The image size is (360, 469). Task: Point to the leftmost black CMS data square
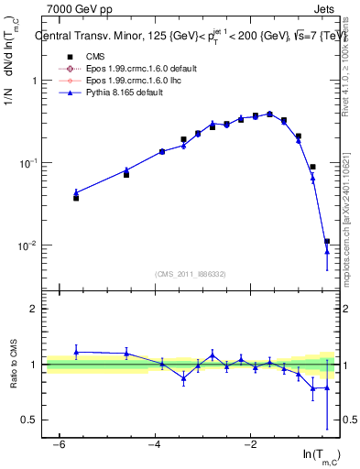coord(76,198)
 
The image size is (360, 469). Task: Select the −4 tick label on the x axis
coord(155,444)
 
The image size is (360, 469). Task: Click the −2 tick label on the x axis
coord(250,444)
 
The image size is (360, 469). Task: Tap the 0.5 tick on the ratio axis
coord(28,420)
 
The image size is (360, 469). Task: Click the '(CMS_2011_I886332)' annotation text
coord(191,274)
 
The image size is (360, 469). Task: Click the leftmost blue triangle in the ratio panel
coord(76,352)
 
